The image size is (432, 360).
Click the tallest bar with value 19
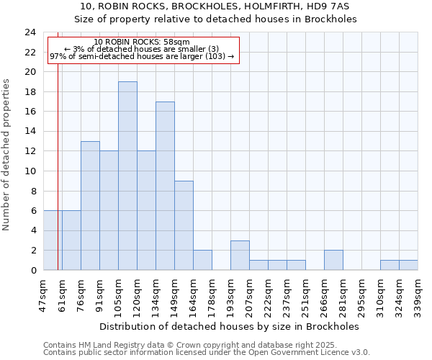[127, 176]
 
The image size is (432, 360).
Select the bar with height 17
[165, 186]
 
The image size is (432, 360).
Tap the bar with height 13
[90, 205]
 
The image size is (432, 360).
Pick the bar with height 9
[184, 225]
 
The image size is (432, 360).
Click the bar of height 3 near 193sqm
[240, 255]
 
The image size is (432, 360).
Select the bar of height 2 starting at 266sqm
[333, 260]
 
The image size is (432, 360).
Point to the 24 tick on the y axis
[30, 32]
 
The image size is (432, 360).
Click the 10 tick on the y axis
[30, 171]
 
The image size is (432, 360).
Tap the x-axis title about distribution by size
[230, 326]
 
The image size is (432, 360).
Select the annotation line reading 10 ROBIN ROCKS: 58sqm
[142, 42]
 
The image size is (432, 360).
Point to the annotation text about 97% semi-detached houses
[142, 56]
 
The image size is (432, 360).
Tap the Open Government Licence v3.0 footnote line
[207, 352]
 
